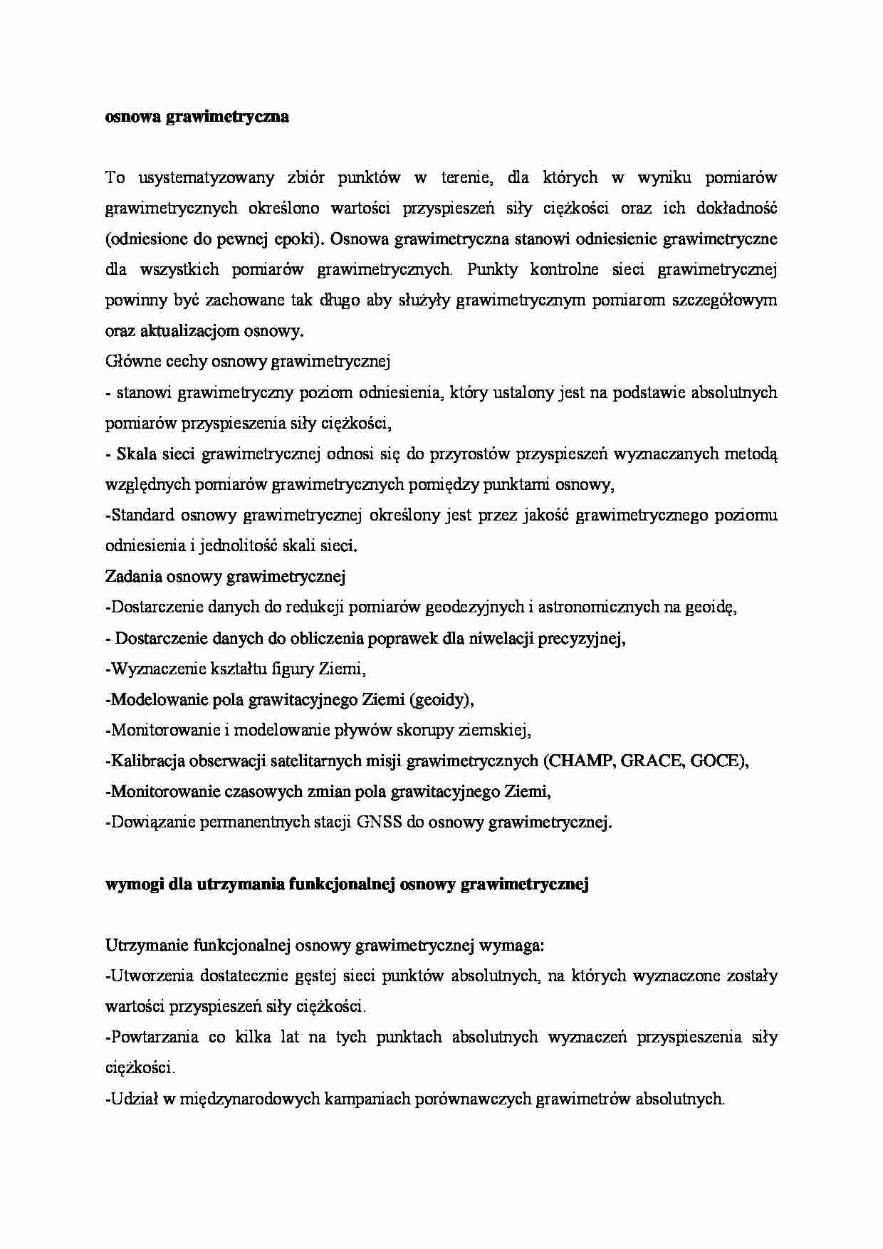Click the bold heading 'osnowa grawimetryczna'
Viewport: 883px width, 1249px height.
[x=197, y=117]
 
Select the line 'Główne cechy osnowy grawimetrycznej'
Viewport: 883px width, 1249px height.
[x=248, y=362]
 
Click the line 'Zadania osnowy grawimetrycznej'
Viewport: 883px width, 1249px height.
[x=225, y=576]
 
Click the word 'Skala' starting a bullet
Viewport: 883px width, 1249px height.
[x=135, y=454]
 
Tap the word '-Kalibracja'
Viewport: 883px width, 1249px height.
[x=145, y=761]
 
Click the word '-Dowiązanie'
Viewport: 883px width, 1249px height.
[x=150, y=822]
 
